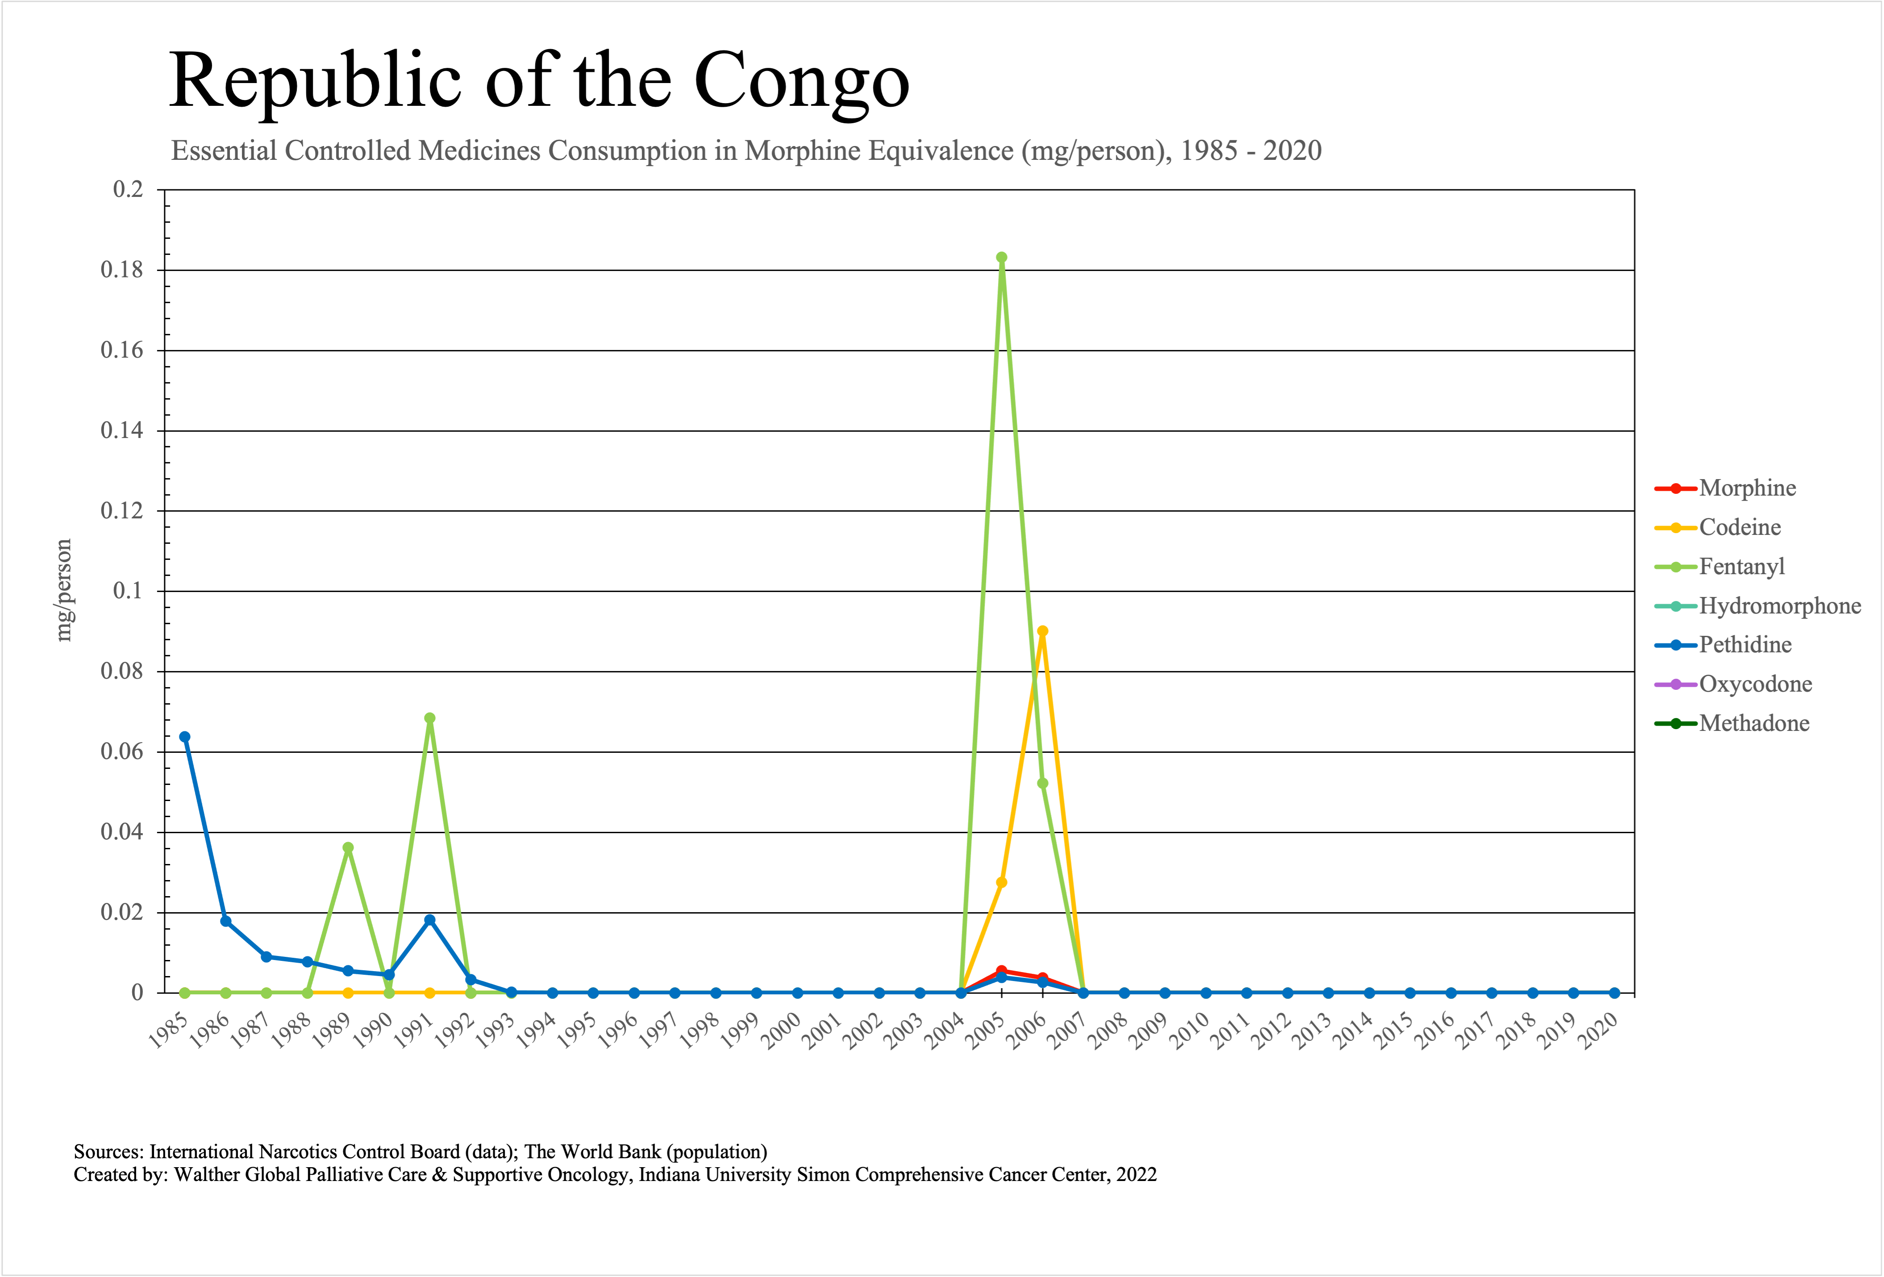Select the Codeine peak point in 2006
pyautogui.click(x=1043, y=631)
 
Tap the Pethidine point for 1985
pyautogui.click(x=185, y=737)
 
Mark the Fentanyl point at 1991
pyautogui.click(x=430, y=718)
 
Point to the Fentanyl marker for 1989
pyautogui.click(x=348, y=848)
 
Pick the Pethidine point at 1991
pyautogui.click(x=430, y=920)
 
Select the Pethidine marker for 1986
pyautogui.click(x=225, y=921)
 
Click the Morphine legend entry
pyautogui.click(x=1747, y=488)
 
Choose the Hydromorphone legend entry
pyautogui.click(x=1780, y=605)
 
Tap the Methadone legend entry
pyautogui.click(x=1754, y=723)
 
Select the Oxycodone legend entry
pyautogui.click(x=1755, y=684)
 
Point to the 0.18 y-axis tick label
pyautogui.click(x=121, y=270)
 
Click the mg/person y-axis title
pyautogui.click(x=64, y=590)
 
